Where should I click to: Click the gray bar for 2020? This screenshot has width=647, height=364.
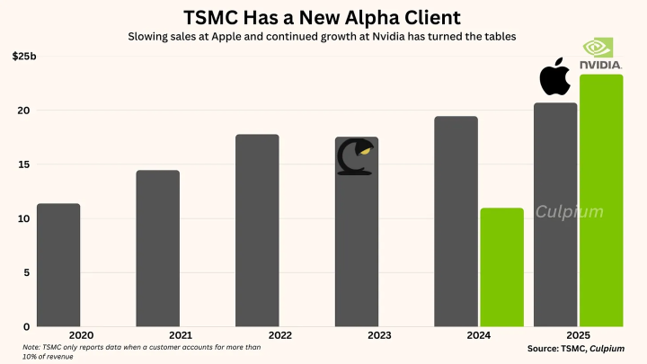click(x=58, y=265)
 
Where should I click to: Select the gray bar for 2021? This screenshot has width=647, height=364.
click(x=157, y=248)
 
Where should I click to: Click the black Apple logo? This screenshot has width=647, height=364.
click(x=554, y=79)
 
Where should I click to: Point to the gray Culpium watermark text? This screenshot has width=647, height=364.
click(x=570, y=213)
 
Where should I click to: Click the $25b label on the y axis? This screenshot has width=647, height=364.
click(x=24, y=57)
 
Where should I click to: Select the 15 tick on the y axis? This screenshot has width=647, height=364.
click(x=24, y=164)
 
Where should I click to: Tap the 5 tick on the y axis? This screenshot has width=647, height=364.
click(x=28, y=272)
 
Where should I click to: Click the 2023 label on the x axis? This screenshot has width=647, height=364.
click(x=357, y=335)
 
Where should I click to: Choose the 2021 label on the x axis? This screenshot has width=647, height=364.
click(x=157, y=335)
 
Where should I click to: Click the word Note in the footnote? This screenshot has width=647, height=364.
click(x=32, y=347)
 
